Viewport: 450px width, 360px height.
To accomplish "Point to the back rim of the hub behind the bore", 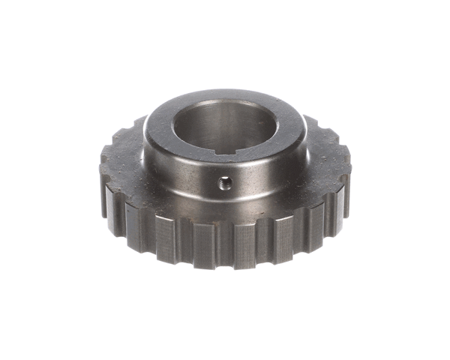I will [225, 95].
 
